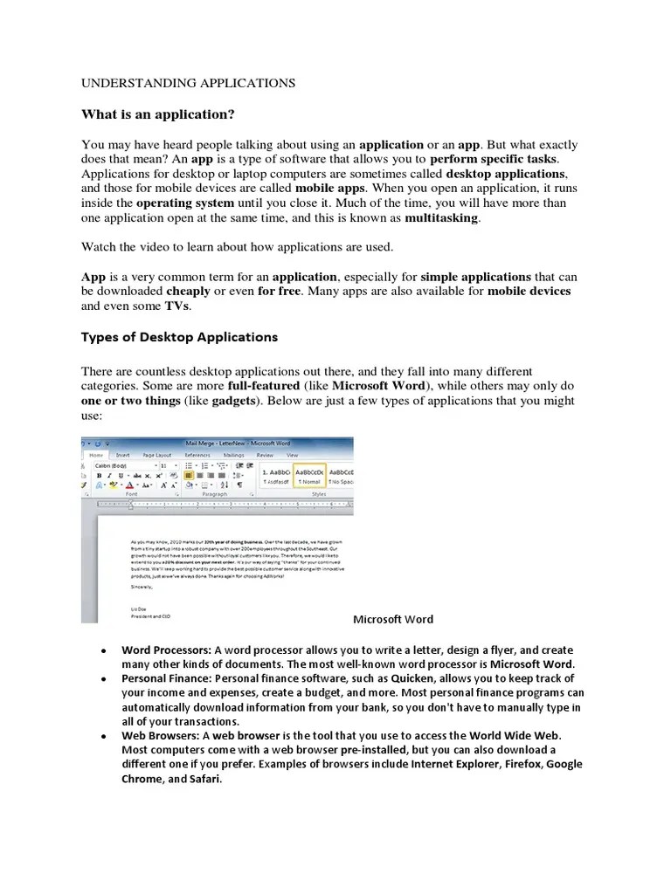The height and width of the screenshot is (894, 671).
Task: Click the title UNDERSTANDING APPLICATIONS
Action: click(189, 83)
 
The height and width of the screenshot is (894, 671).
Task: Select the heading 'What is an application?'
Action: click(158, 114)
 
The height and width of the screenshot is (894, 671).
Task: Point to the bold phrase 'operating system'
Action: click(184, 203)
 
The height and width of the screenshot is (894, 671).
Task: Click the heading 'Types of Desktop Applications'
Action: click(179, 337)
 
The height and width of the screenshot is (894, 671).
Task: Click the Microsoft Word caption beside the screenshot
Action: click(392, 619)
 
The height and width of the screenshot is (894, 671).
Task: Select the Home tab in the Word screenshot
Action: click(96, 455)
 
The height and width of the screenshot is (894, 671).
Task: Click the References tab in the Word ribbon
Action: click(197, 455)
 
